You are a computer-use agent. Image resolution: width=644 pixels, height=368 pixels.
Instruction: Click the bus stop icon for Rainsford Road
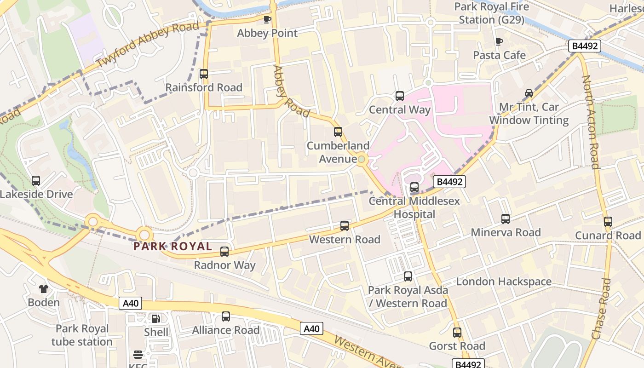point(203,74)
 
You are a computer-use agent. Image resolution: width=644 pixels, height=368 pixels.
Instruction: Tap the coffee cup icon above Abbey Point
point(267,19)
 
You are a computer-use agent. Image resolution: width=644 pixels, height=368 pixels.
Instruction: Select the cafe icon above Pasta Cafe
point(499,42)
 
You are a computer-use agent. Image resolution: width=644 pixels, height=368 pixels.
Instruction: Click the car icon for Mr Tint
point(529,93)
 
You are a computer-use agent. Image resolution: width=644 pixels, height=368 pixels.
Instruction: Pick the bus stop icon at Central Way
point(400,96)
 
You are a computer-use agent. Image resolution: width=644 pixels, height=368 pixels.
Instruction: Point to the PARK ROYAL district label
point(172,246)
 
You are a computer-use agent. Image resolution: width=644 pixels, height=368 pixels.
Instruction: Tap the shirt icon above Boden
point(44,289)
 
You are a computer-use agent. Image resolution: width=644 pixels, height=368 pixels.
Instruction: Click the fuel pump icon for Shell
point(156,318)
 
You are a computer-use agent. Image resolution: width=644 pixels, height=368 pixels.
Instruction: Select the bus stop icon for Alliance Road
point(225,316)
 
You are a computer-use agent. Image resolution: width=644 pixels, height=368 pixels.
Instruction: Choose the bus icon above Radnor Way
point(224,252)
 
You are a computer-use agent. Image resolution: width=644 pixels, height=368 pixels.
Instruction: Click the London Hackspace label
point(504,282)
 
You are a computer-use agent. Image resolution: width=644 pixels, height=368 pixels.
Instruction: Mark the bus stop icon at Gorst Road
point(457,333)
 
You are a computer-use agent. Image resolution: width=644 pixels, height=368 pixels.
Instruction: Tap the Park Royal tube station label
point(82,335)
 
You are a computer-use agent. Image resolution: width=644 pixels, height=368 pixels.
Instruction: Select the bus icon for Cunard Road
point(608,222)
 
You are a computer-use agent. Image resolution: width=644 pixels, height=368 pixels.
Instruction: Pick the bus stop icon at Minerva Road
point(506,219)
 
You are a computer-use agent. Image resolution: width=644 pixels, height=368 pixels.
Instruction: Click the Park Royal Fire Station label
point(492,13)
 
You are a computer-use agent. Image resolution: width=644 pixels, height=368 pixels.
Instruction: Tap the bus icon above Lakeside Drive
point(36,181)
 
